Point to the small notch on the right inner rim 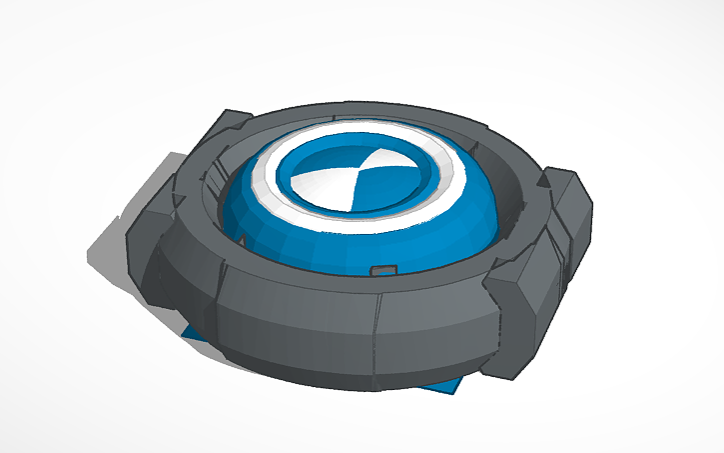click(544, 180)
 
